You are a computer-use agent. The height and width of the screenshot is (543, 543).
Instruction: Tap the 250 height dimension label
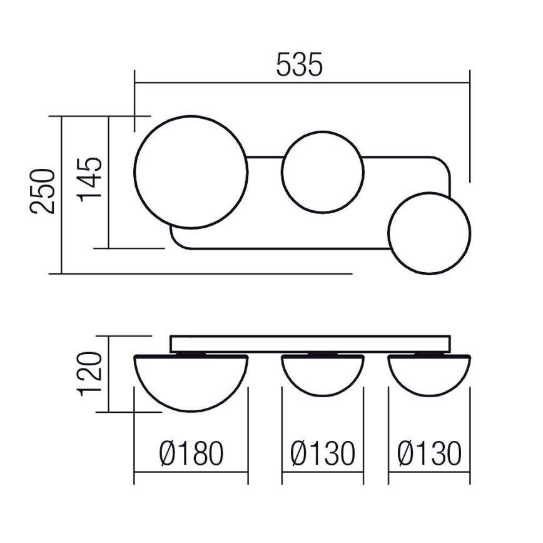click(x=43, y=191)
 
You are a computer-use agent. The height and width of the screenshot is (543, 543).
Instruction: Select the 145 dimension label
click(x=89, y=178)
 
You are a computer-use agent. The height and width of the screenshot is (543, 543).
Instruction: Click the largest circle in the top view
click(x=191, y=172)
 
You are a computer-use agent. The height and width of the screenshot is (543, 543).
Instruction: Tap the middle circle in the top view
click(x=322, y=172)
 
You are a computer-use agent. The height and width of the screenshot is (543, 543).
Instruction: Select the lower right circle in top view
click(x=429, y=233)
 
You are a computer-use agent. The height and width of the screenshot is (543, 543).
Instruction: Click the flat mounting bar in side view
click(x=310, y=343)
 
